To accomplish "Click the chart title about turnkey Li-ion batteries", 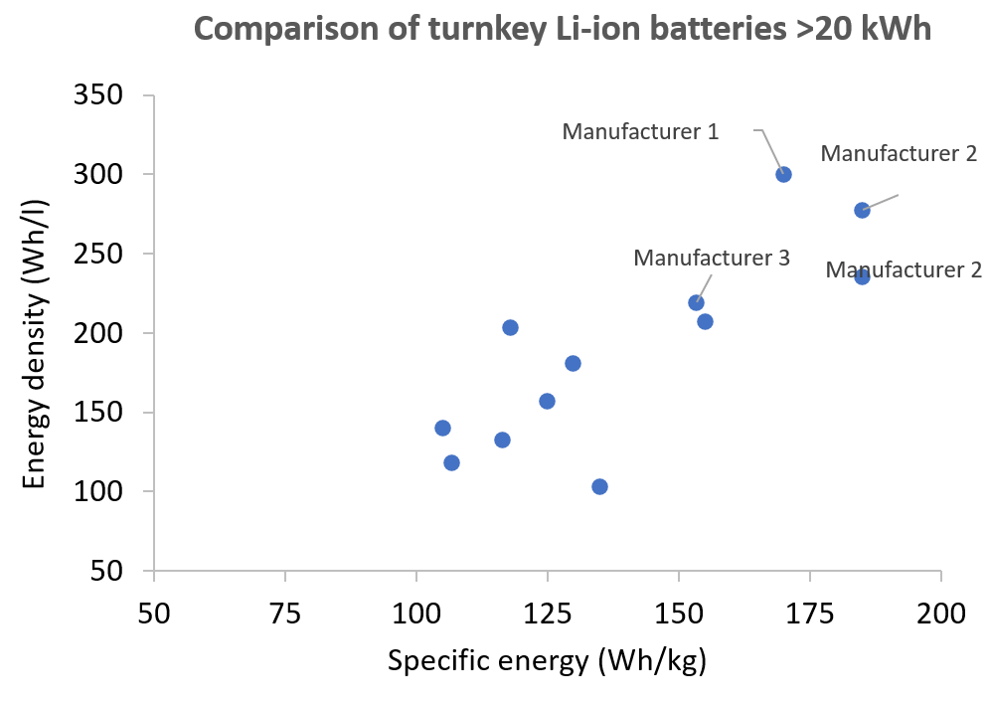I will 562,28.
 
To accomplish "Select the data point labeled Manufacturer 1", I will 783,174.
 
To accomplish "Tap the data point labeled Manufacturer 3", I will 696,302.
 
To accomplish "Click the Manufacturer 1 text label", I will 640,131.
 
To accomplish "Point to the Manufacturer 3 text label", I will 712,259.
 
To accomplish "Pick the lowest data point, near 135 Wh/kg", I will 599,486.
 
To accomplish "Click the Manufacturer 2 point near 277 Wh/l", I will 862,210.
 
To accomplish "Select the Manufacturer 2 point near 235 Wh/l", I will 862,276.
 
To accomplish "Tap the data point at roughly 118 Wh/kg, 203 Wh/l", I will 510,327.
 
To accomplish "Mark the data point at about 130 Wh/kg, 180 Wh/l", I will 573,363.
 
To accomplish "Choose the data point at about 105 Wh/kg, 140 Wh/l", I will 442,428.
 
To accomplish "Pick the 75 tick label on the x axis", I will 285,611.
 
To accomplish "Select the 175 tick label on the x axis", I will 809,611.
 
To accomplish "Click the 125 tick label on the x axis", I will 547,611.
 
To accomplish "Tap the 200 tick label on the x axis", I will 940,611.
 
